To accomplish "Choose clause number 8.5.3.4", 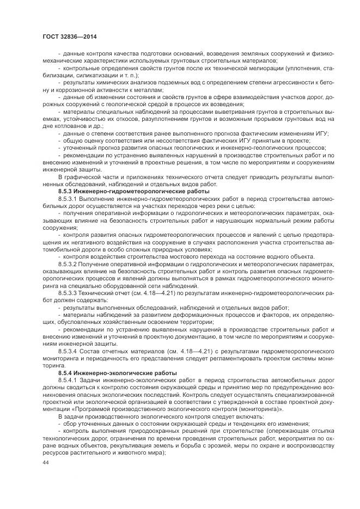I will (69, 352).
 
